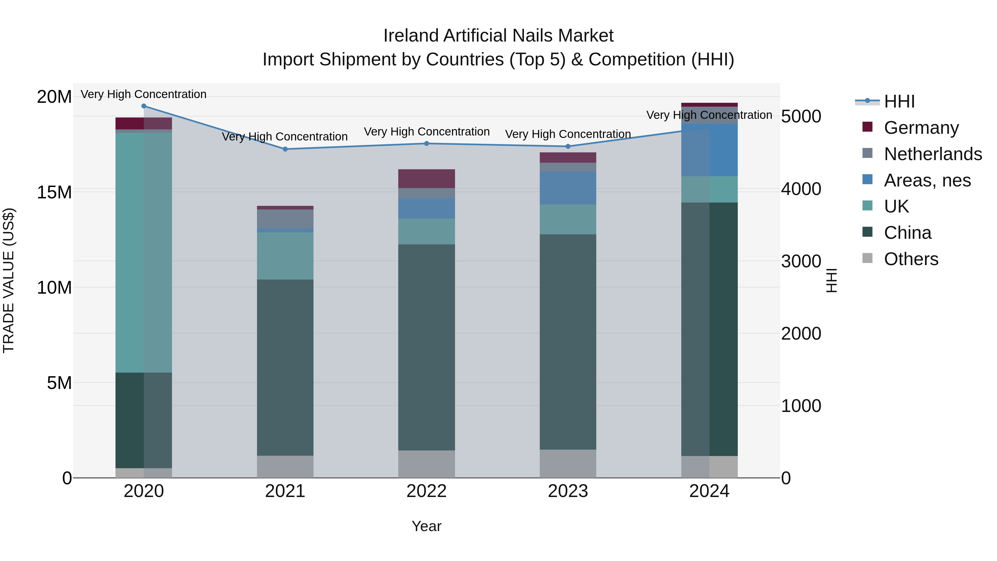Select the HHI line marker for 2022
[x=426, y=144]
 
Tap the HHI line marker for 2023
[x=568, y=146]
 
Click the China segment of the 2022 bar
[x=426, y=347]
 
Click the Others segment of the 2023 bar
[x=568, y=463]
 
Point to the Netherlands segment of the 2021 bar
[x=285, y=219]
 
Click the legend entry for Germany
[x=921, y=128]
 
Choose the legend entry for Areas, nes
[x=927, y=180]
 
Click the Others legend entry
[x=911, y=259]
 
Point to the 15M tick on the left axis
[x=54, y=192]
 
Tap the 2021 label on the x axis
[x=285, y=491]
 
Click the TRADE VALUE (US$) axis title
[x=9, y=280]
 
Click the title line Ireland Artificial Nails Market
[x=498, y=36]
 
